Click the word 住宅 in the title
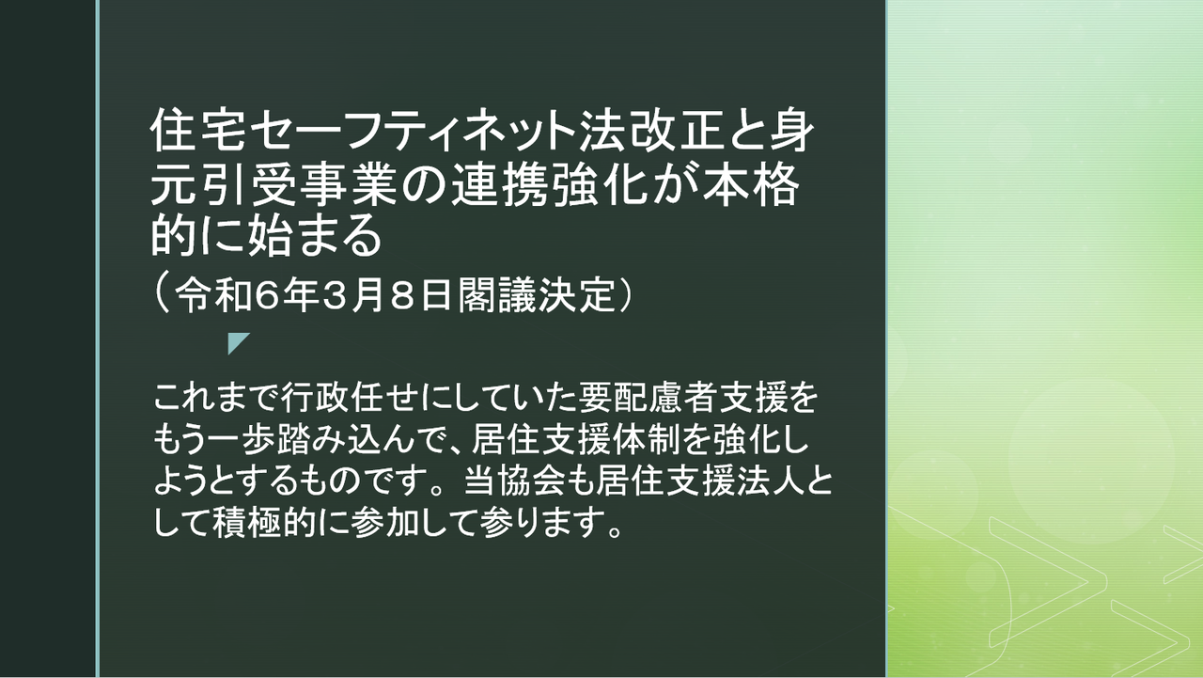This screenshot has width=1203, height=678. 198,131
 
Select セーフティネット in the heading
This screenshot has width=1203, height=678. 413,131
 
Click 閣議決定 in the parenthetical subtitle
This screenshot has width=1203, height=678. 536,295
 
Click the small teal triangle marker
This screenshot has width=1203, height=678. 237,341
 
